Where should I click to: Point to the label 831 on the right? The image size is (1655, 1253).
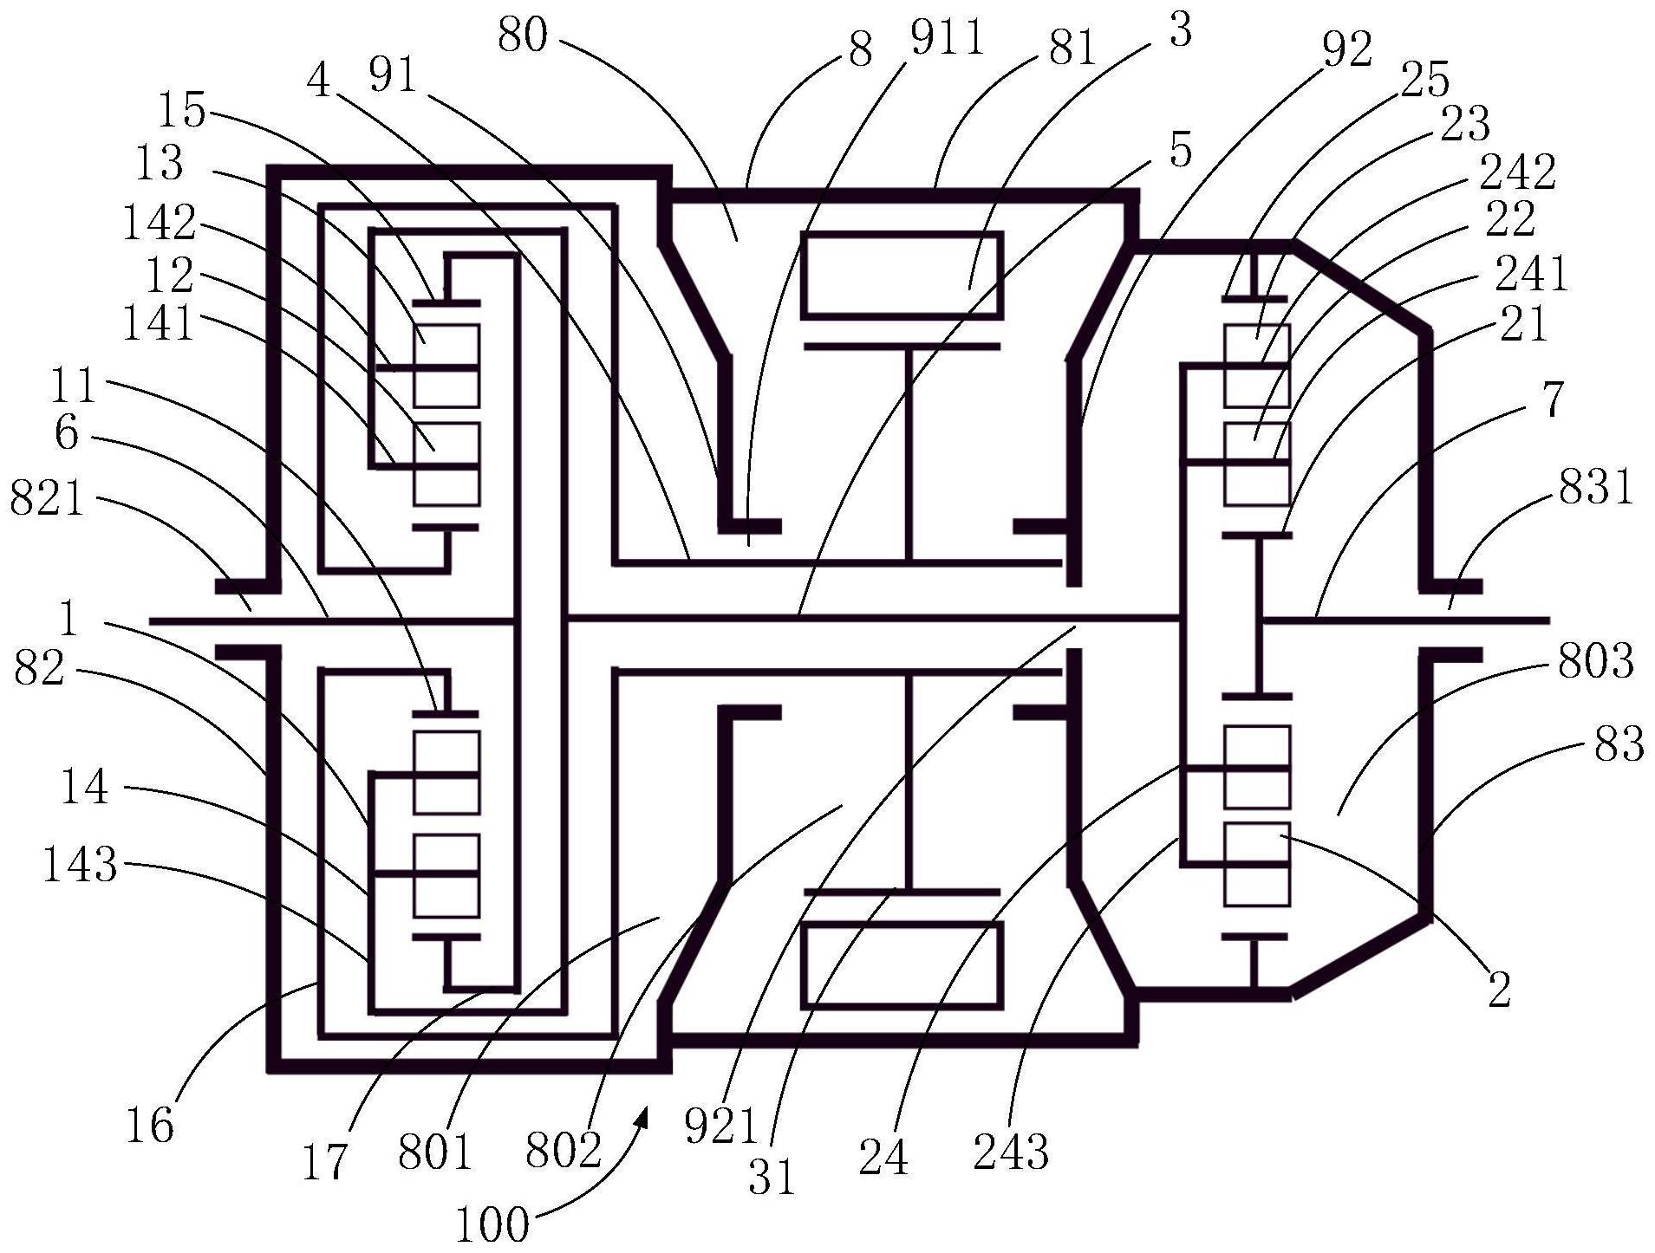(x=1596, y=487)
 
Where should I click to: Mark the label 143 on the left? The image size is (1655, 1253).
(x=80, y=864)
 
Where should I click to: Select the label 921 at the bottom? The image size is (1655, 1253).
(x=721, y=1127)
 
